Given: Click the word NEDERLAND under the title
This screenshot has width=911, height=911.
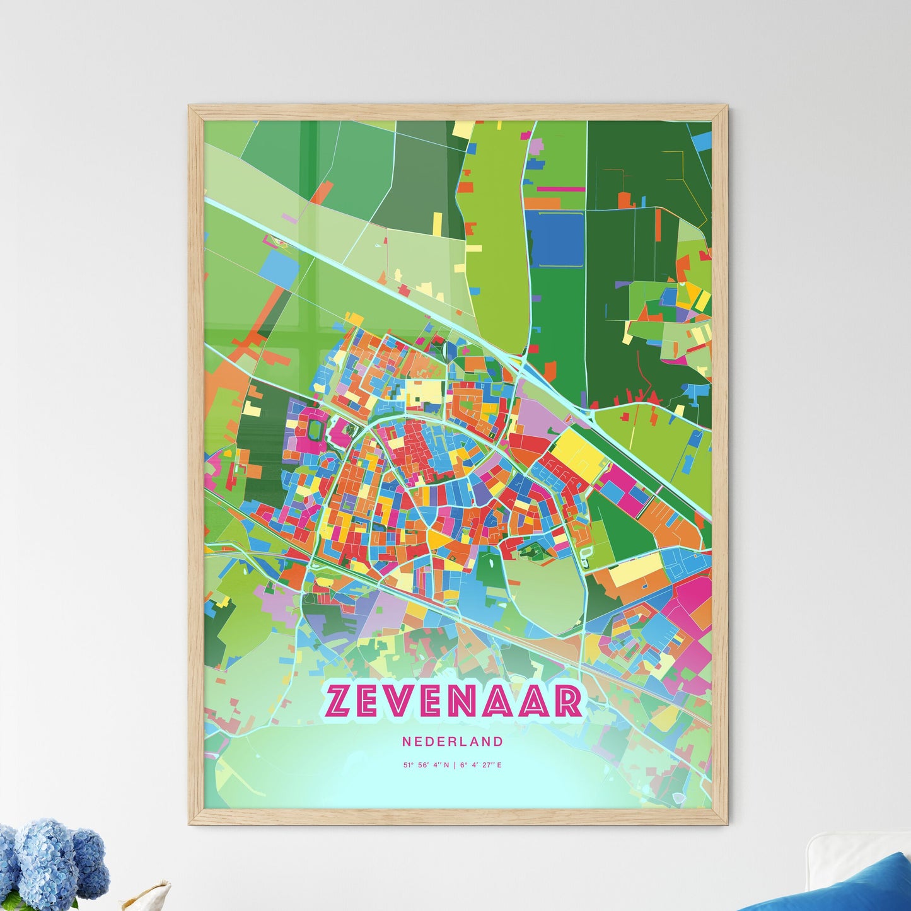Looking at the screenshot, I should point(453,741).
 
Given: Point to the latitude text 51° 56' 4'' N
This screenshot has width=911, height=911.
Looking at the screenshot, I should point(427,765).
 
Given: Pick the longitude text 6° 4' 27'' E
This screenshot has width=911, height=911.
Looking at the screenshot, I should point(482,765).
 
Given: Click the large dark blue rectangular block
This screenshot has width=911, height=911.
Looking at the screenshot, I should point(555,238).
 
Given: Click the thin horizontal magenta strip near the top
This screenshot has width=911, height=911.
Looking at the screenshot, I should point(560,188).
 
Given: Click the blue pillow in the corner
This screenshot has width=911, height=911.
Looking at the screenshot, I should point(845,886).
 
